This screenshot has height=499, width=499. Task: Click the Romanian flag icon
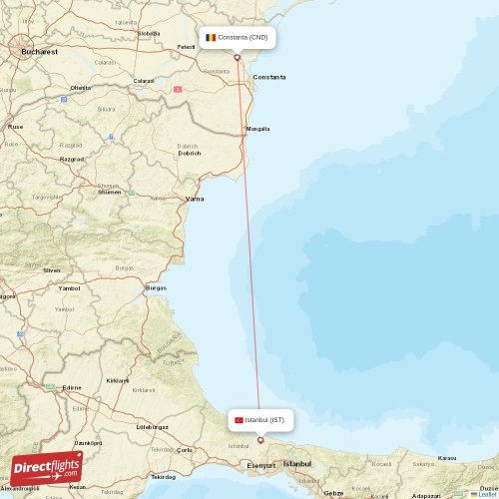click(x=211, y=38)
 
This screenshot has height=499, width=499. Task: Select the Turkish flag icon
click(x=239, y=420)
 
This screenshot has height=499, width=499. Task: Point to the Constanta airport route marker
click(x=238, y=57)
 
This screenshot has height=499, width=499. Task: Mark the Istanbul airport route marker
click(x=260, y=439)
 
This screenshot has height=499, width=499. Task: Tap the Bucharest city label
click(x=39, y=50)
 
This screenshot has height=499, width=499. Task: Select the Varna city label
click(x=195, y=199)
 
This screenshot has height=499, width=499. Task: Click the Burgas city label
click(x=156, y=287)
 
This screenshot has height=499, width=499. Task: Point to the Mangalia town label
click(x=257, y=129)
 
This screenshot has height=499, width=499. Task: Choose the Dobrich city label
click(x=189, y=153)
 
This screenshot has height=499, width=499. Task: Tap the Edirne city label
click(x=72, y=387)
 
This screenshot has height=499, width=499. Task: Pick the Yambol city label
click(x=69, y=288)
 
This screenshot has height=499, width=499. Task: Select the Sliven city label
click(x=52, y=269)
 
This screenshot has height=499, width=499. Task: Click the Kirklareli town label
click(x=118, y=380)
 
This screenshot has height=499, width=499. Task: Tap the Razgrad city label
click(x=72, y=158)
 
